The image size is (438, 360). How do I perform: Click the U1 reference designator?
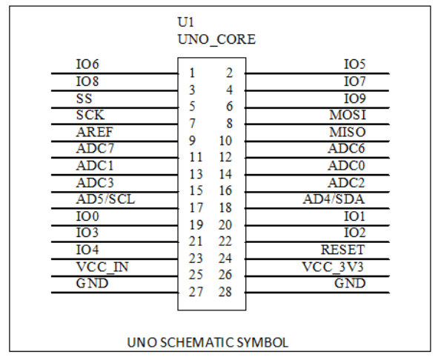186,22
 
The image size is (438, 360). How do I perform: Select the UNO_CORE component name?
216,39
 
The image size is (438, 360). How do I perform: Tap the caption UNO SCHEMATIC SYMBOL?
208,342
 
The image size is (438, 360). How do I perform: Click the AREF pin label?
94,132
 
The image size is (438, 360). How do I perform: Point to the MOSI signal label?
348,115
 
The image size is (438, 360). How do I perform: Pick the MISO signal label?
348,132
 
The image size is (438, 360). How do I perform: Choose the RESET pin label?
342,250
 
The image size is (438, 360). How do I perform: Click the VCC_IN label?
102,267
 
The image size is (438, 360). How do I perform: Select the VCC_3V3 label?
333,267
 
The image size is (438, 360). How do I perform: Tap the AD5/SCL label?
105,199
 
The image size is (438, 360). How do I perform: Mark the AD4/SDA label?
334,199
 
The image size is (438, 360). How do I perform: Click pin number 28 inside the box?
225,292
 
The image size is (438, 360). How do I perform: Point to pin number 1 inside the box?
192,73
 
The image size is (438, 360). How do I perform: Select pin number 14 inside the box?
225,174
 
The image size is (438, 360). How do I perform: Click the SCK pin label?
90,115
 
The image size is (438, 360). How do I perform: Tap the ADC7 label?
95,148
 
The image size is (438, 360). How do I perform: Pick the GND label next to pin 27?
92,283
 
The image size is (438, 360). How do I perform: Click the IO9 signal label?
354,99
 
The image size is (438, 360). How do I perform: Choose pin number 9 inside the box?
192,141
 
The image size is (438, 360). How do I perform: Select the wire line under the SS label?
115,108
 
